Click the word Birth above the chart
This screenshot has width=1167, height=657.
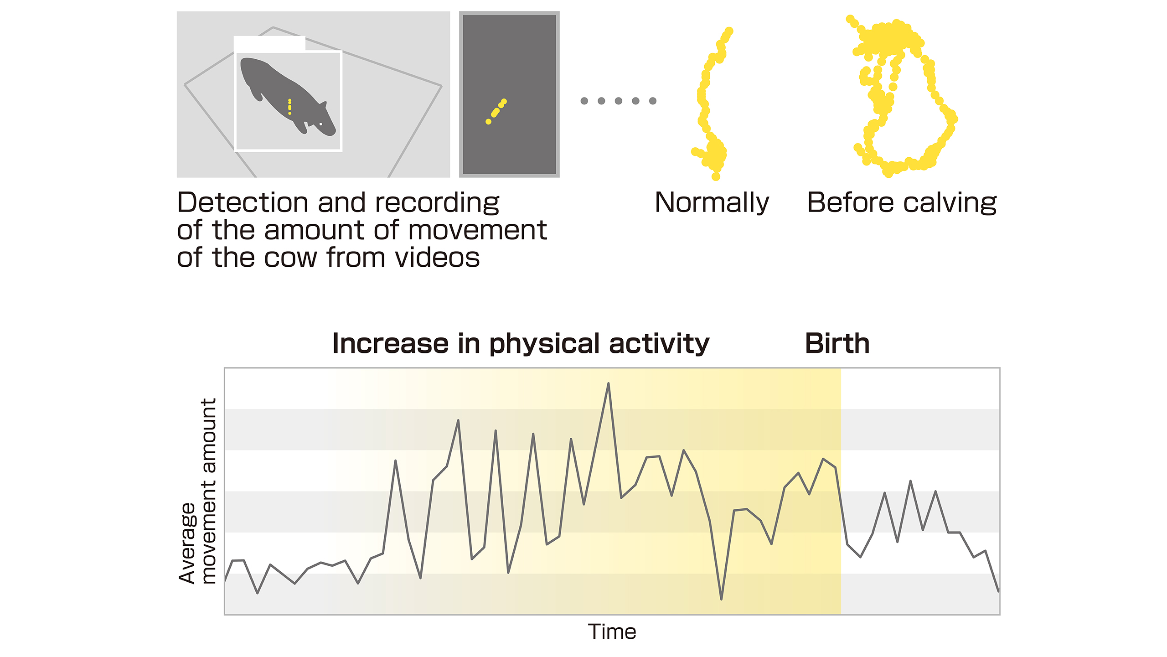837,343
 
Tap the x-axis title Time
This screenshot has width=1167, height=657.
612,632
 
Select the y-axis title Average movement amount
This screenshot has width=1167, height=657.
197,491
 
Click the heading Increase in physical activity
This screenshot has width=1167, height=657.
521,344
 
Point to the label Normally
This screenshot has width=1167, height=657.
712,203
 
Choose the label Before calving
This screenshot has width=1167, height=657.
902,202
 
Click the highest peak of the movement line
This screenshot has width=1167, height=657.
608,384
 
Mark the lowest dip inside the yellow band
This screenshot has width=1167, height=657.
721,599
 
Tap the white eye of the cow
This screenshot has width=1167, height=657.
321,124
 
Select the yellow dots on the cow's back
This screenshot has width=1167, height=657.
289,107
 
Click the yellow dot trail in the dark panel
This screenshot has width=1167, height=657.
496,111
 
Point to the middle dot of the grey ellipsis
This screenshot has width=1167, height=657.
618,101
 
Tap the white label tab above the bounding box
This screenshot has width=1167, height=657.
269,44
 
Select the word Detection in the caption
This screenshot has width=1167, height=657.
243,202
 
